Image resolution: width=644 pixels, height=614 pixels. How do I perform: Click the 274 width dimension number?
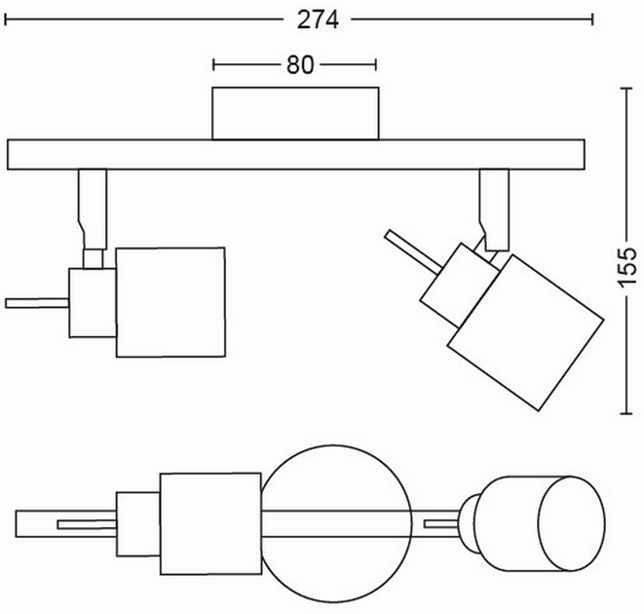coord(318,19)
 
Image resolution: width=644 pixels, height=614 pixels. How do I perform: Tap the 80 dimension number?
coord(300,65)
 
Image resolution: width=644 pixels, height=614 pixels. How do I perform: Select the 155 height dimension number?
coord(626,267)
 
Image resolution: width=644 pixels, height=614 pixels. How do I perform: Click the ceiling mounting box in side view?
coord(295,113)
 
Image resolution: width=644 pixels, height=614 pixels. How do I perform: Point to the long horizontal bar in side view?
coord(296,155)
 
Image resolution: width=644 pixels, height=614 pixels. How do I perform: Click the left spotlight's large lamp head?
coord(170,302)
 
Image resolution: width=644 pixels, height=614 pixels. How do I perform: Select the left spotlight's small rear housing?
coord(93,303)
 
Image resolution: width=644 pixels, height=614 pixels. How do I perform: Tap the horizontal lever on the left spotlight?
coord(37,303)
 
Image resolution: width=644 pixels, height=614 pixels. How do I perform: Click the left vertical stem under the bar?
coord(93,209)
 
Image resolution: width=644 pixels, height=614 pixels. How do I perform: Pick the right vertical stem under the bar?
coord(495,210)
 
